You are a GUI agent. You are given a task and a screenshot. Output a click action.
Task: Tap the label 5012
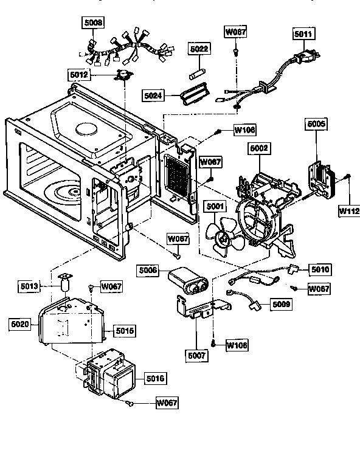click(79, 75)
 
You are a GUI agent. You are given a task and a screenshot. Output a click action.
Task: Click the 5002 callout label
click(258, 148)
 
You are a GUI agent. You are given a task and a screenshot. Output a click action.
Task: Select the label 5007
click(196, 353)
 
